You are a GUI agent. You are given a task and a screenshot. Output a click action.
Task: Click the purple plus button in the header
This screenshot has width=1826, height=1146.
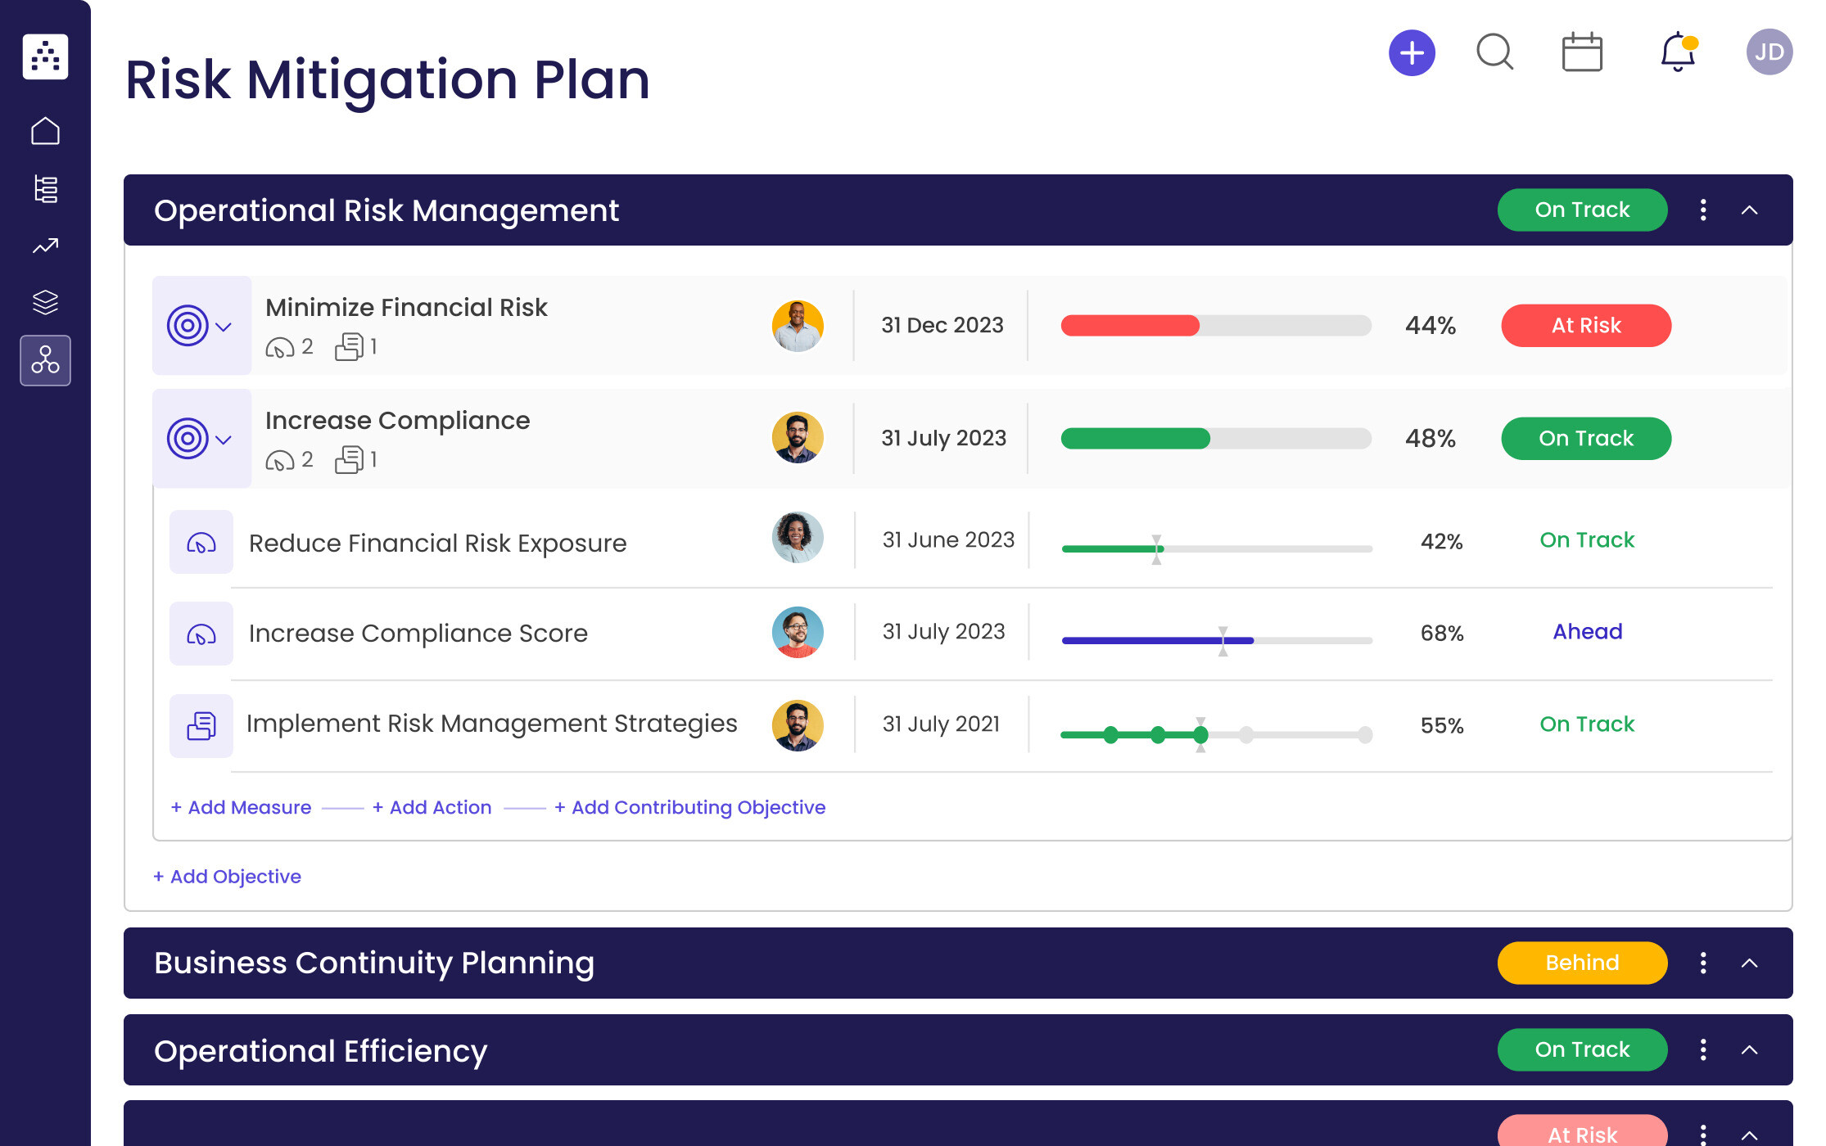coord(1412,53)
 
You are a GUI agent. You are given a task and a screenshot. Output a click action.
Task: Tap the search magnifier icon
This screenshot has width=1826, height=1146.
coord(1494,52)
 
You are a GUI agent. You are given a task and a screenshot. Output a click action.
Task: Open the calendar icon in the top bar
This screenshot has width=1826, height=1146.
coord(1582,53)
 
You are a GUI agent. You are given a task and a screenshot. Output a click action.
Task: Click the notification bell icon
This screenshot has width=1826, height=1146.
coord(1677,52)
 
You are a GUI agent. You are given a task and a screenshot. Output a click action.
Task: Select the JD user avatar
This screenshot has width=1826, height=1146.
coord(1769,52)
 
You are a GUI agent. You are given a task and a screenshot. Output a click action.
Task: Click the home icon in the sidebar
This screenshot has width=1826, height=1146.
coord(45,131)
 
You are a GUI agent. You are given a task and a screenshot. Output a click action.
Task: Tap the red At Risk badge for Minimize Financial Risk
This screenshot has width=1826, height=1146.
coord(1585,326)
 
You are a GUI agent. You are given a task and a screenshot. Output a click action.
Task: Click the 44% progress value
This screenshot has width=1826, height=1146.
coord(1430,326)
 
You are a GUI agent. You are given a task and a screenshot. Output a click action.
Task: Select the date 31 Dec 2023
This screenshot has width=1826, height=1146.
coord(942,326)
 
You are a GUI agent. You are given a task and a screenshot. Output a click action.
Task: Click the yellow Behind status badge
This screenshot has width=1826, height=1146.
coord(1581,963)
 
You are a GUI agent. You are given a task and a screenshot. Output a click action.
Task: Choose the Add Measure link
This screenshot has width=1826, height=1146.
coord(242,808)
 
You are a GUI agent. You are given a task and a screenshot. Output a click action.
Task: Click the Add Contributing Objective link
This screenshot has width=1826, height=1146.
coord(689,808)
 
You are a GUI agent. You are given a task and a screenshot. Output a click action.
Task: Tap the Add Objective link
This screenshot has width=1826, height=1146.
coord(228,877)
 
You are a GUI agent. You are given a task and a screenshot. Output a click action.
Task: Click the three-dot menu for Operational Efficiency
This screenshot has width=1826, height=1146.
coord(1703,1050)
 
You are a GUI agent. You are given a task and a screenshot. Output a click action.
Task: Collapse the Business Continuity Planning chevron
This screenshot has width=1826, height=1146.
coord(1749,963)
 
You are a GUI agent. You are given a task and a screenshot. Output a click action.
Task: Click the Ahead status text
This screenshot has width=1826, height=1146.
coord(1587,632)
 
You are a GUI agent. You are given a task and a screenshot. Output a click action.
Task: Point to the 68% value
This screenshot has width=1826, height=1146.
coord(1441,634)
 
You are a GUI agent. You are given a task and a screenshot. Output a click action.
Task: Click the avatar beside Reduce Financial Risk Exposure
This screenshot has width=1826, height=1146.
coord(797,538)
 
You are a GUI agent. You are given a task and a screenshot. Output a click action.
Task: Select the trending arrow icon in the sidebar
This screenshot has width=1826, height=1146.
coord(45,246)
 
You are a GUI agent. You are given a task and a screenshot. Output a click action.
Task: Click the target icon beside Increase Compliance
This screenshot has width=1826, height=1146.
coord(188,440)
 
